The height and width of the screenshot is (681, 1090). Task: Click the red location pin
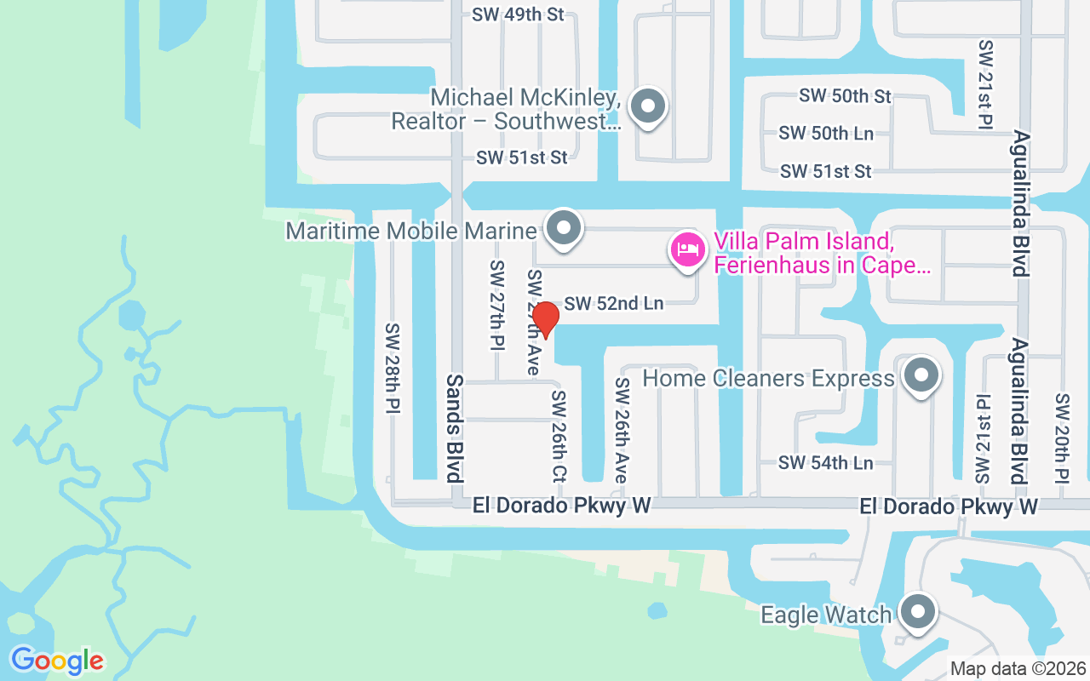(545, 319)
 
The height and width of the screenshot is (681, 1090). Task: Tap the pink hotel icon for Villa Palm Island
(688, 250)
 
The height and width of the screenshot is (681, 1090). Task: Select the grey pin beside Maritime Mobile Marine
(563, 228)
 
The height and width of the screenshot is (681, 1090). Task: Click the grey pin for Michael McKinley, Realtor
(648, 107)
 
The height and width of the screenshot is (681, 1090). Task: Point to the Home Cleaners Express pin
(920, 375)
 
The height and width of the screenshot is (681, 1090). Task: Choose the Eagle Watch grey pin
(917, 611)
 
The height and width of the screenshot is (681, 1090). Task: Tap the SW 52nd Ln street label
(613, 303)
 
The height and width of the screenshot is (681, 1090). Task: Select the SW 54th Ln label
(825, 463)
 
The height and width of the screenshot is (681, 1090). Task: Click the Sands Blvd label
(455, 427)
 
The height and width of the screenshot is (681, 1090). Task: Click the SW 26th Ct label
(559, 437)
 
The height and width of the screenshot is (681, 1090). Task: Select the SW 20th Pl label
(1062, 438)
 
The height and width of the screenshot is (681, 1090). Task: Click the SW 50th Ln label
(825, 134)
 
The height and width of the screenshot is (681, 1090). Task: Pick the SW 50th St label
(845, 96)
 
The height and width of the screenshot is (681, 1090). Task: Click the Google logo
(57, 661)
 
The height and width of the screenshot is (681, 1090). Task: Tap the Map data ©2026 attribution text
(1018, 668)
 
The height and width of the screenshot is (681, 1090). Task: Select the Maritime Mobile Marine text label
(411, 231)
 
